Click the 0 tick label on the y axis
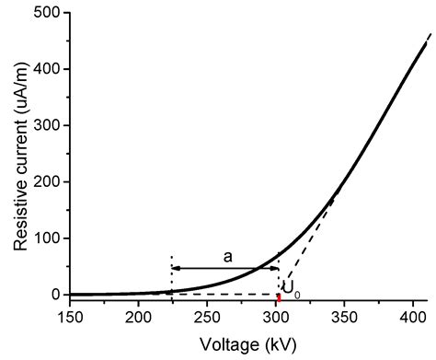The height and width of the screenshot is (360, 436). pos(57,295)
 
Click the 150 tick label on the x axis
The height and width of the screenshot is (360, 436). pos(70,319)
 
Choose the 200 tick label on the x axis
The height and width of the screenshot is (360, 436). pos(139,319)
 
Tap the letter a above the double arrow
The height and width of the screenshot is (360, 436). pos(225,256)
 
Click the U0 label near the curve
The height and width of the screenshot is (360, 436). pos(290,288)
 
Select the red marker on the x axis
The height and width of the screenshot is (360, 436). pos(278,297)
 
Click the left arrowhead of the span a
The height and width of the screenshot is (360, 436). pos(175,268)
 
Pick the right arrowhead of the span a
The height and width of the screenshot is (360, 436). pos(275,268)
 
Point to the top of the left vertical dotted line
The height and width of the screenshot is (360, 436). pos(171,255)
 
